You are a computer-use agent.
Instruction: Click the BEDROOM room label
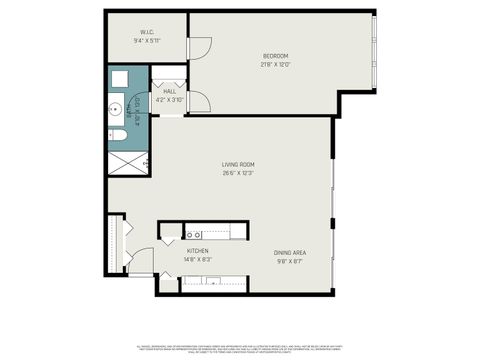(x=275, y=55)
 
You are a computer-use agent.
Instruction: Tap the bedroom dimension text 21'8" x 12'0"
(x=275, y=64)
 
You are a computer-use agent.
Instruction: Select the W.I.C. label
(x=146, y=32)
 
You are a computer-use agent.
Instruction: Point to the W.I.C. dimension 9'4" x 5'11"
(x=146, y=41)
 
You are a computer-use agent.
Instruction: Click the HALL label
(x=169, y=91)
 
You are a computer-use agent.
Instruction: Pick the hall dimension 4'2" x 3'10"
(x=169, y=99)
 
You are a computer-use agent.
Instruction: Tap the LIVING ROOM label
(x=238, y=164)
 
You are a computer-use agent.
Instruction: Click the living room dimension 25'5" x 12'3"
(x=238, y=173)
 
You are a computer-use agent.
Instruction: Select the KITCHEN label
(x=197, y=251)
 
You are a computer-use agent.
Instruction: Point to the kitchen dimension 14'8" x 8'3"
(x=197, y=260)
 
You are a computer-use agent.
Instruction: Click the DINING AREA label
(x=290, y=253)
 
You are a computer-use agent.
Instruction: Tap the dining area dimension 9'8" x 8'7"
(x=290, y=262)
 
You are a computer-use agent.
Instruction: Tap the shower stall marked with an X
(x=128, y=161)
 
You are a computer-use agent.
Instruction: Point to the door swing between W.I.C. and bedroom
(x=199, y=46)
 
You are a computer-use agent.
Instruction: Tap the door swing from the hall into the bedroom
(x=198, y=100)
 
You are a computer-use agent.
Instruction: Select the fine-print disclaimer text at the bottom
(x=240, y=346)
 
